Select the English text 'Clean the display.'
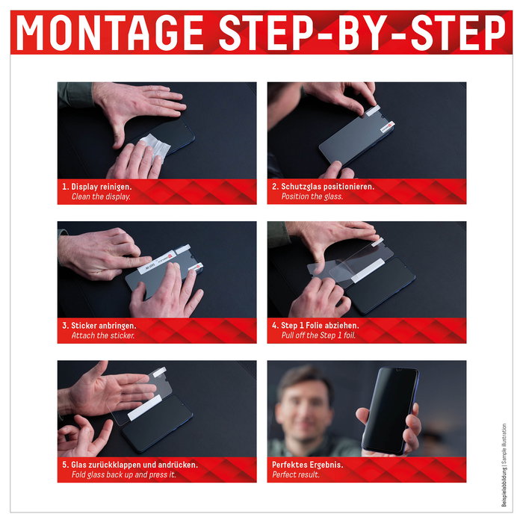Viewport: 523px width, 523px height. click(x=101, y=196)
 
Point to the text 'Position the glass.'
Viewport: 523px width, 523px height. click(x=312, y=196)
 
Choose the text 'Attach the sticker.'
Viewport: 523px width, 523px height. click(x=103, y=336)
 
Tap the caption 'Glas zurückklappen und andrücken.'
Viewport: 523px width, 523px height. click(x=130, y=464)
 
